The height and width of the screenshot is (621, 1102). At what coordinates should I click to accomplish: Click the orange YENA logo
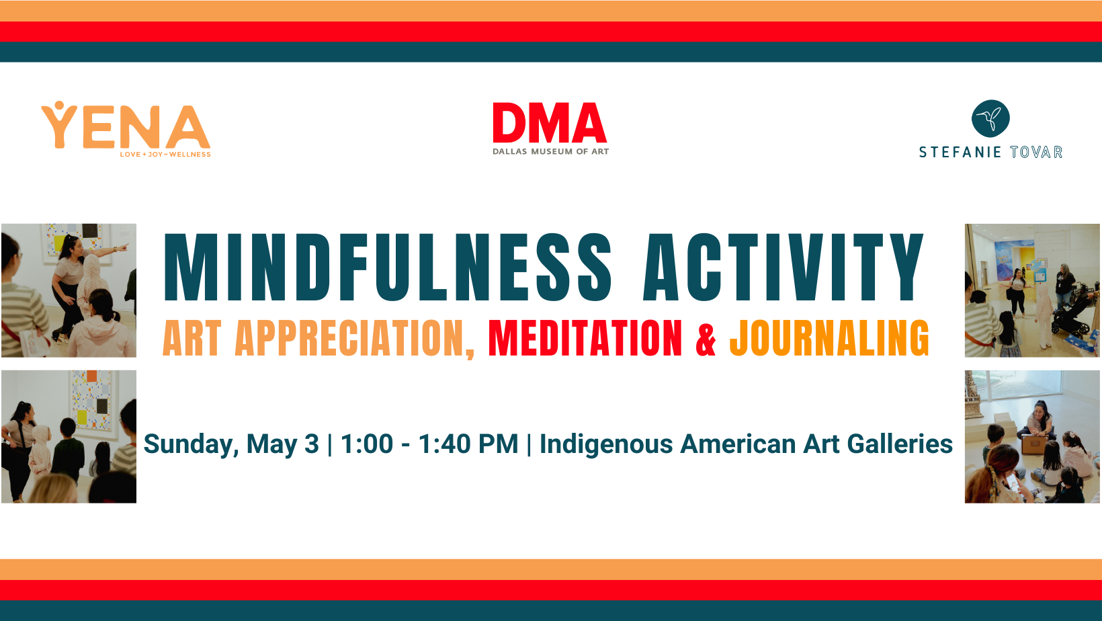click(126, 127)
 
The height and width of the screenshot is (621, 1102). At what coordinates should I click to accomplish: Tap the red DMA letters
click(550, 123)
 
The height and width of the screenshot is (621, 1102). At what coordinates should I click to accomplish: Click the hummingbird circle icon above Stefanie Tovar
click(990, 119)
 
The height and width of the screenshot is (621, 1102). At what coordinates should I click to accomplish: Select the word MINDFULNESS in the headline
click(388, 267)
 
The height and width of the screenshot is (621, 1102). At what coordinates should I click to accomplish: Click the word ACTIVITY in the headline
click(783, 267)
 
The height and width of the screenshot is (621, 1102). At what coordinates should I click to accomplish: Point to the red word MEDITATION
click(585, 338)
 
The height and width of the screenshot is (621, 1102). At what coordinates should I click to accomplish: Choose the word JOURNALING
click(829, 338)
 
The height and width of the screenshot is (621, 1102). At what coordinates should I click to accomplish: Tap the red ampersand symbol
click(706, 339)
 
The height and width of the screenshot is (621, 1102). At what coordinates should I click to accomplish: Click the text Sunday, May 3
click(231, 444)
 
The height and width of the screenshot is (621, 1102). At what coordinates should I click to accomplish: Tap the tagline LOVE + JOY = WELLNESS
click(165, 155)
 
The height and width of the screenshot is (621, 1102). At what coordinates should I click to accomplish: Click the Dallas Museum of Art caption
click(550, 152)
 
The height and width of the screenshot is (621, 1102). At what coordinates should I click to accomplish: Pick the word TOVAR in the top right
click(1036, 153)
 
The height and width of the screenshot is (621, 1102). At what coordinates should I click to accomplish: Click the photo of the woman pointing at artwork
click(69, 290)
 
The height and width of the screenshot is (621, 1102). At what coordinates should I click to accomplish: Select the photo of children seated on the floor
click(1032, 437)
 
